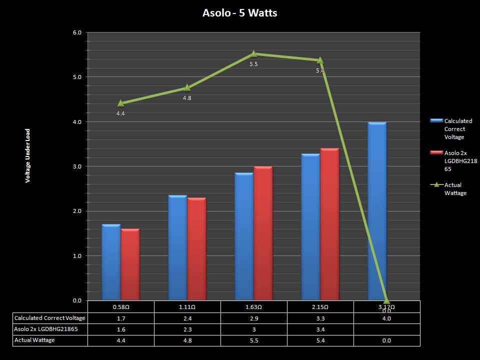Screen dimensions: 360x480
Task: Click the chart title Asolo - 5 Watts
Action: click(x=239, y=13)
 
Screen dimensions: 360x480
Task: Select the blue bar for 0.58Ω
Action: click(x=111, y=262)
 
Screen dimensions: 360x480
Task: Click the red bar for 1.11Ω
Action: click(x=196, y=249)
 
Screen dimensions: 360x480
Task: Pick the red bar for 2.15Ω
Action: click(x=329, y=224)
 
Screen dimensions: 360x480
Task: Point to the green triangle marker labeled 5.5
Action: click(x=253, y=53)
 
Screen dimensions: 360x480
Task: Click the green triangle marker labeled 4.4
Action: click(x=120, y=103)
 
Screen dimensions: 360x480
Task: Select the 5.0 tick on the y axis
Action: click(x=77, y=77)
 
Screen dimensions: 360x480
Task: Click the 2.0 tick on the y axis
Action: click(x=77, y=211)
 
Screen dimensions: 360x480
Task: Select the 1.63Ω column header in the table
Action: click(x=253, y=306)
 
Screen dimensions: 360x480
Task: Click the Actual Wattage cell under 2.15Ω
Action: click(x=320, y=340)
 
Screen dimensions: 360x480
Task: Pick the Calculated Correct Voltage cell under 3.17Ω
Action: click(x=386, y=318)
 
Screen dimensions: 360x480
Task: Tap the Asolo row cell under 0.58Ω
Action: click(x=120, y=329)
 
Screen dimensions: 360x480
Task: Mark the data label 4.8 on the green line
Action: click(x=187, y=98)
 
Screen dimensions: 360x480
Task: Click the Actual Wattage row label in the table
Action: click(x=34, y=340)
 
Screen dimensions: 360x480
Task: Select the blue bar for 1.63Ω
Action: click(x=244, y=236)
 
